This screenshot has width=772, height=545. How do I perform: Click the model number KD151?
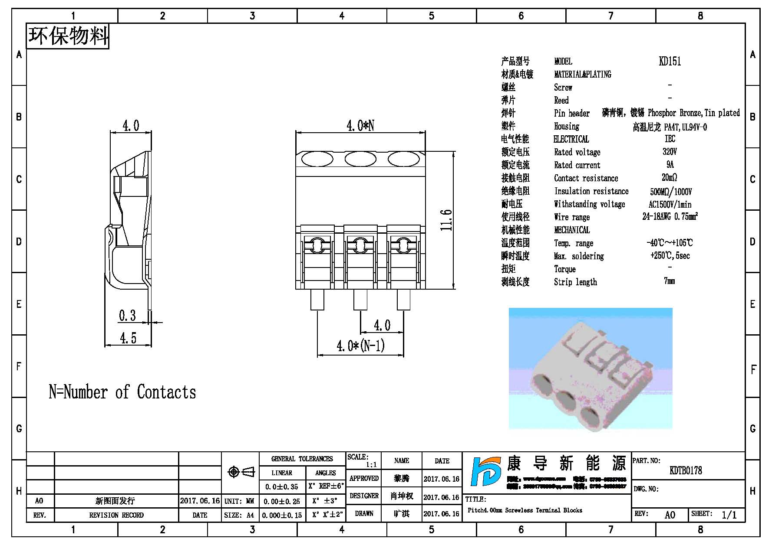click(670, 61)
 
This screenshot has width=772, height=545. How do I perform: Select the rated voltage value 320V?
click(670, 152)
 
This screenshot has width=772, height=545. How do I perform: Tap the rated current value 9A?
click(670, 165)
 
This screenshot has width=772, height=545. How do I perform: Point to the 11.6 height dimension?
click(447, 220)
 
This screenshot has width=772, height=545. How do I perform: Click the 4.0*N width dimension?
click(360, 126)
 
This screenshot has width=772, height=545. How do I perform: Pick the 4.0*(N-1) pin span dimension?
click(360, 346)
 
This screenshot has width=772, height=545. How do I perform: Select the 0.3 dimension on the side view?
click(127, 316)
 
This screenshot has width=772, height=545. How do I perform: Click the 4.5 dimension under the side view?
click(128, 338)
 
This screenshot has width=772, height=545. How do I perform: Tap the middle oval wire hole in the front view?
click(360, 159)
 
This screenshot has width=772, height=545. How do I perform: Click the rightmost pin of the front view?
click(403, 300)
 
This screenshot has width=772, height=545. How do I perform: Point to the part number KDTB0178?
click(686, 470)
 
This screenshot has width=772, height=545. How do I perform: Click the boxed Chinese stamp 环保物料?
click(68, 36)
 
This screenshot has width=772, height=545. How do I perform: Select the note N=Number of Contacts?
click(122, 392)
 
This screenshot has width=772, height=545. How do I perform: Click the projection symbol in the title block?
click(241, 472)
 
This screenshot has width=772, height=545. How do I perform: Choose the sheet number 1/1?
click(729, 515)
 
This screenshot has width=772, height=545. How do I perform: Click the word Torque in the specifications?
click(564, 269)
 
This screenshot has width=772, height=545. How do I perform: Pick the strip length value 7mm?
click(669, 281)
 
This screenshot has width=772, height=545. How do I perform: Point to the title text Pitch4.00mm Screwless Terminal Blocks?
click(525, 510)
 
